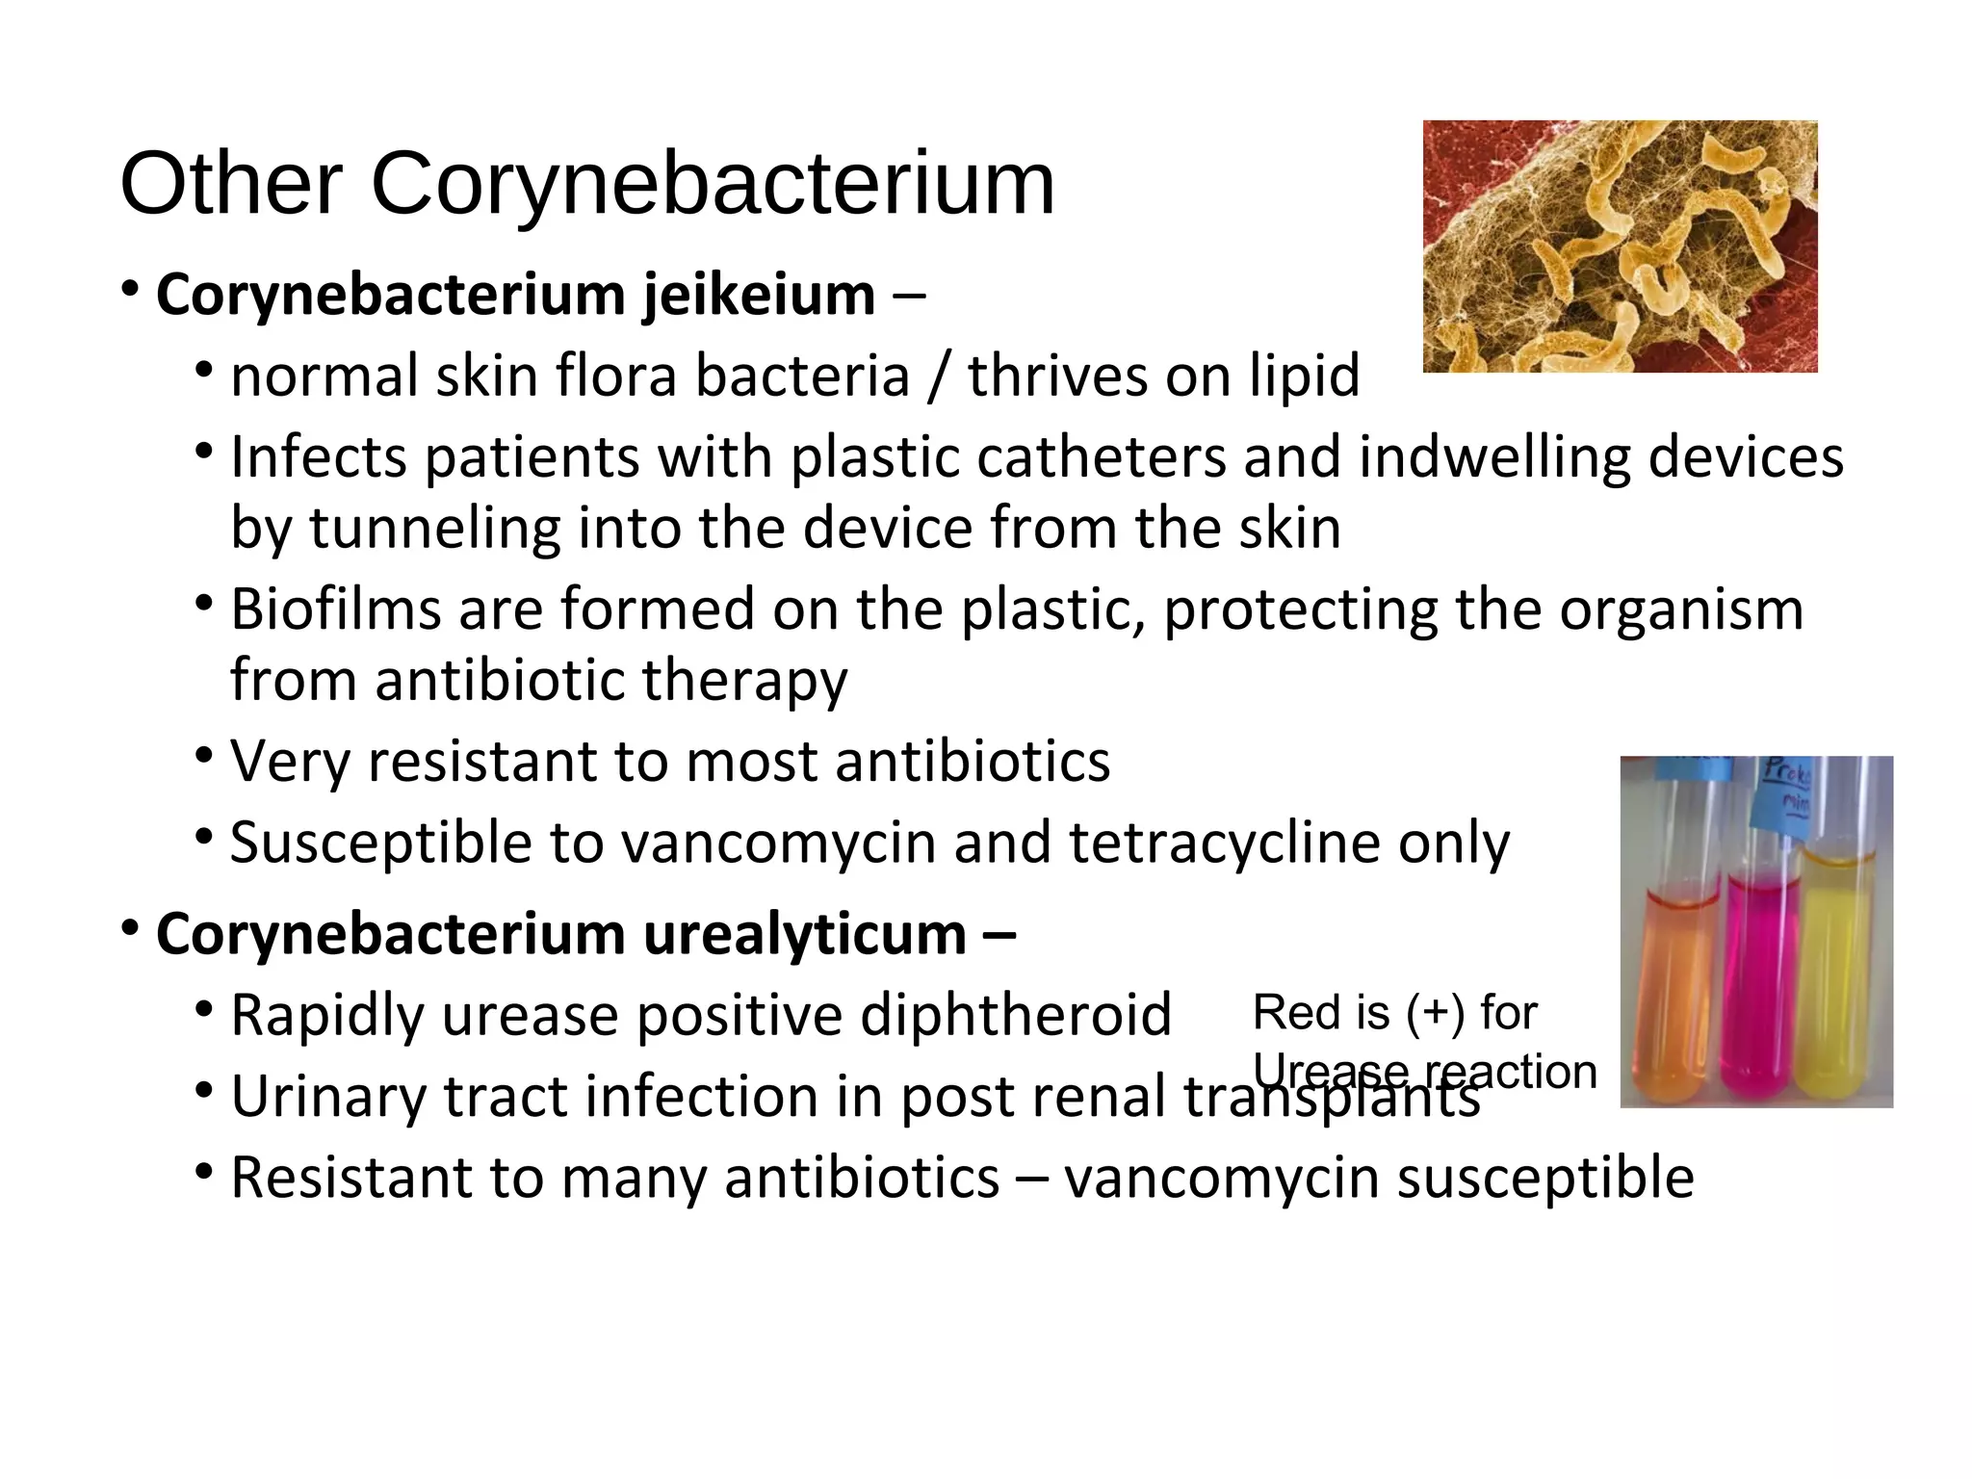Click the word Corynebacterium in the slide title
tap(713, 185)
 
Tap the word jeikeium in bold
tap(759, 295)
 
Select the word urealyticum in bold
tap(804, 934)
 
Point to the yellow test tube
tap(1839, 973)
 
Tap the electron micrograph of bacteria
tap(1620, 246)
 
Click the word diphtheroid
tap(1015, 1015)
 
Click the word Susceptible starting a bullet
tap(381, 843)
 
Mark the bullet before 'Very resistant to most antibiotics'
tap(203, 754)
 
